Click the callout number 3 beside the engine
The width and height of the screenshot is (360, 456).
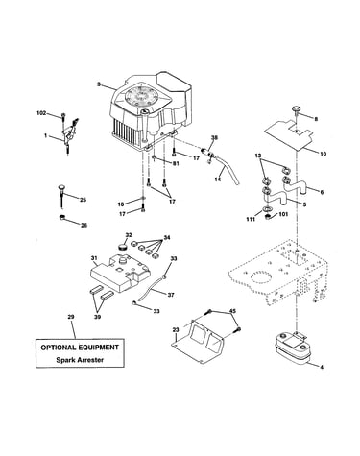point(99,84)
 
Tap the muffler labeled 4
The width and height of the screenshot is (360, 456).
point(292,348)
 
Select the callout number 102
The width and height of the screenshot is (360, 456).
point(41,113)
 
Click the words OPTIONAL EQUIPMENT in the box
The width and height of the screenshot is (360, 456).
point(80,348)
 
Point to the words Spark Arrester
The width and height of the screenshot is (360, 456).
point(80,360)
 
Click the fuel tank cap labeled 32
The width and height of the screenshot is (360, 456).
point(122,247)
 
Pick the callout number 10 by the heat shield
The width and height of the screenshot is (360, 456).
point(323,154)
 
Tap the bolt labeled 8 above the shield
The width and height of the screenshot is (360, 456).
point(297,109)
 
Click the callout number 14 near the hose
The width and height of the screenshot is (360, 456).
point(217,180)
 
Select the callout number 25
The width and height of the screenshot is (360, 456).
point(83,200)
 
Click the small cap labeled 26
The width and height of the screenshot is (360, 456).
point(62,218)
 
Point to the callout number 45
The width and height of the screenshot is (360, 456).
point(232,311)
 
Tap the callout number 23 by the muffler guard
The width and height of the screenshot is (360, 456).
point(176,329)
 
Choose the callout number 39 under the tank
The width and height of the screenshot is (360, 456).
point(97,317)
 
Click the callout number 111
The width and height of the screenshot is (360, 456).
point(251,219)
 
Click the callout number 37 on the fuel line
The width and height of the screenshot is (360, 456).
point(171,295)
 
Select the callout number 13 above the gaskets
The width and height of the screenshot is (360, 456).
point(258,156)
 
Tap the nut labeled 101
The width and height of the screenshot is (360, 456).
point(268,218)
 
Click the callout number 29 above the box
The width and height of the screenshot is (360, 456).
point(71,317)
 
